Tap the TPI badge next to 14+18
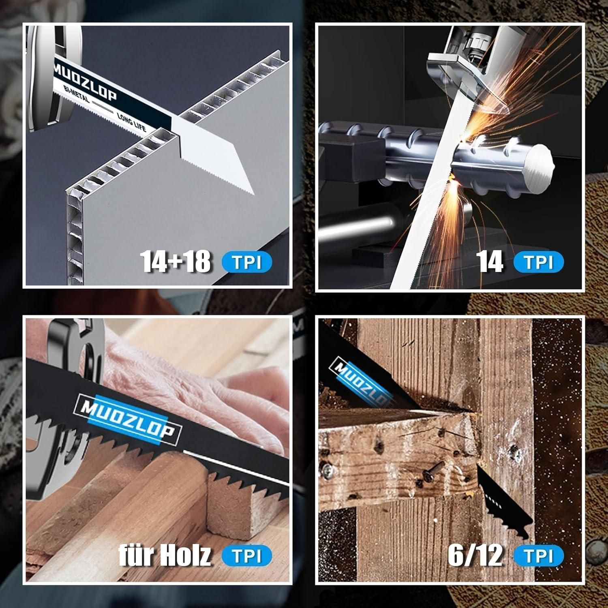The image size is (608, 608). click(247, 263)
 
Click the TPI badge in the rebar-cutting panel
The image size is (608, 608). click(539, 263)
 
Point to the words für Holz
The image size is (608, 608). click(165, 555)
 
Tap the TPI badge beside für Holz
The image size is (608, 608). click(247, 556)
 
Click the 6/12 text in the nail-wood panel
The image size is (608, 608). click(475, 555)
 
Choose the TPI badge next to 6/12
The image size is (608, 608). click(539, 556)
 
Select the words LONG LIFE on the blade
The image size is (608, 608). click(131, 122)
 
